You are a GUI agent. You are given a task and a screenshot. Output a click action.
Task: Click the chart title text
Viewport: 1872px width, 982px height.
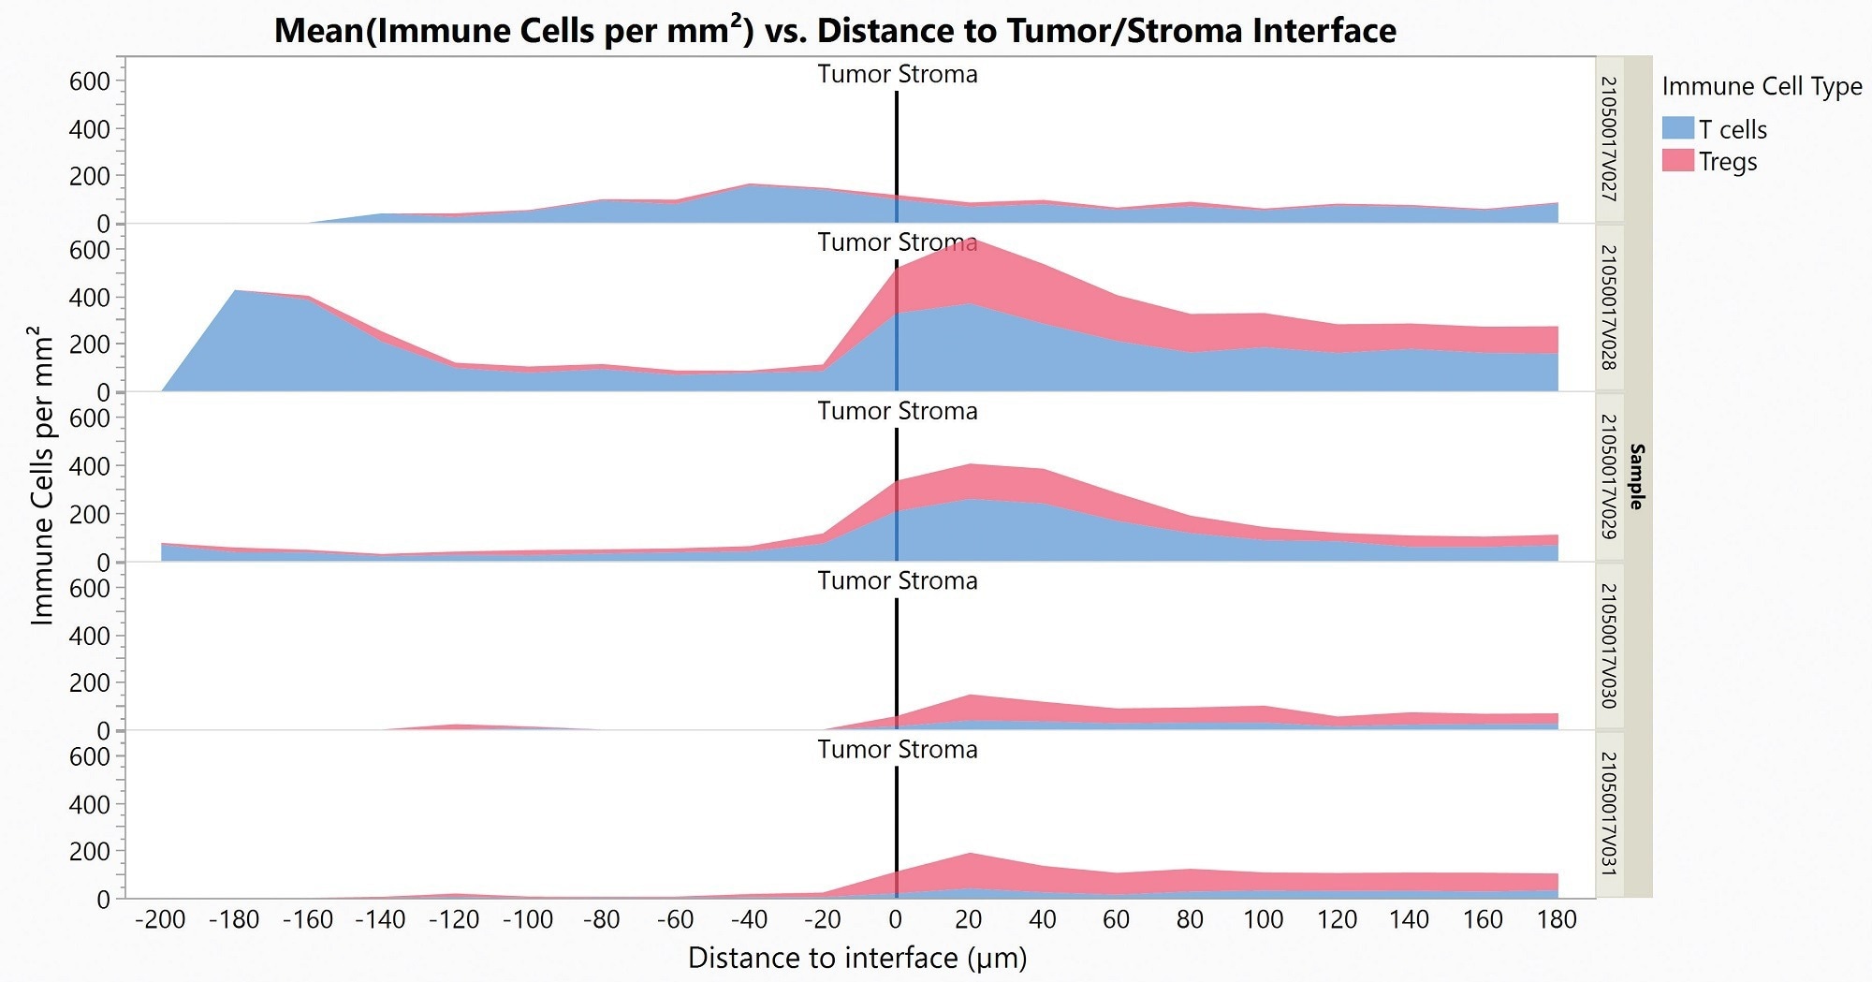(835, 30)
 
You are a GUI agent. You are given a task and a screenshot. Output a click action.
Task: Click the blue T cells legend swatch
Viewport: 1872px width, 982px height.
(1677, 128)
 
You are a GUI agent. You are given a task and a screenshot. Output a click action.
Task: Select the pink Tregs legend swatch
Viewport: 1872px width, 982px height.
(1677, 160)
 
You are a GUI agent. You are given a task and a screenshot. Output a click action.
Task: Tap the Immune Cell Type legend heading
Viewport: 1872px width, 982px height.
(1762, 86)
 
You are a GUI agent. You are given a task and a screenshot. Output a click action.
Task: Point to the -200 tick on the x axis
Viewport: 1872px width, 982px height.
(161, 919)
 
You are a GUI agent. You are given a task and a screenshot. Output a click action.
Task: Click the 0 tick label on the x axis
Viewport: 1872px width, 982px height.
(896, 919)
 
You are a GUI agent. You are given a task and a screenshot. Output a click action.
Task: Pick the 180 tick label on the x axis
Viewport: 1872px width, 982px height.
(1557, 919)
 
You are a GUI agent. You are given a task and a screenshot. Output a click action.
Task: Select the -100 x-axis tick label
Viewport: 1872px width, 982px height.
(528, 919)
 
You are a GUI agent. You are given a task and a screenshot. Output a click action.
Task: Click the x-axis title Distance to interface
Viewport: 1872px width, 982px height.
(857, 958)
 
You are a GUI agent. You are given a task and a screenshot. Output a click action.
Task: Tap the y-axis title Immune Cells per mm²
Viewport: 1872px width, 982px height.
(41, 476)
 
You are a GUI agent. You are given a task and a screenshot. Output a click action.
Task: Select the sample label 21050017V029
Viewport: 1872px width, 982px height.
(1608, 476)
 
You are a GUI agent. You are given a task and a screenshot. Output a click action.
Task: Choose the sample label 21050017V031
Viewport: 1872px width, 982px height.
(1608, 813)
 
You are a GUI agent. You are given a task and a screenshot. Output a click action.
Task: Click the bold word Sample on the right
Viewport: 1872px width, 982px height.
(1636, 476)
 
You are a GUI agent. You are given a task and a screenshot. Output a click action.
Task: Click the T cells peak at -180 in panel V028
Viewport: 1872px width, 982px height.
(235, 292)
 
